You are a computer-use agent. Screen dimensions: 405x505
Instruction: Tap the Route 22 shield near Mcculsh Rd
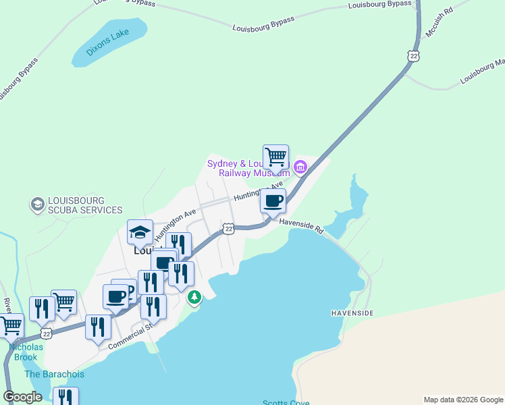pyautogui.click(x=413, y=55)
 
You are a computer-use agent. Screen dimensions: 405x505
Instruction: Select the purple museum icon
pyautogui.click(x=300, y=166)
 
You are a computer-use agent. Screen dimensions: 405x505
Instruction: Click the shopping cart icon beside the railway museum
pyautogui.click(x=275, y=157)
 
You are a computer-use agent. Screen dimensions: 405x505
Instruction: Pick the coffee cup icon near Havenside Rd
pyautogui.click(x=273, y=200)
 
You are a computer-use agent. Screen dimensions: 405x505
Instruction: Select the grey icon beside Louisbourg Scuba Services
pyautogui.click(x=37, y=203)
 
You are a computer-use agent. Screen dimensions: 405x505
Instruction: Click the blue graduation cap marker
pyautogui.click(x=140, y=233)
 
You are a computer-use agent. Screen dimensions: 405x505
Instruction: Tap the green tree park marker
pyautogui.click(x=194, y=297)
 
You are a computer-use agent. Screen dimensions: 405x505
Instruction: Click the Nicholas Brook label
pyautogui.click(x=26, y=352)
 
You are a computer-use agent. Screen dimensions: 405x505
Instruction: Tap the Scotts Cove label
pyautogui.click(x=286, y=403)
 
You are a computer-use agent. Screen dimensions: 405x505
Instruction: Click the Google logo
pyautogui.click(x=23, y=397)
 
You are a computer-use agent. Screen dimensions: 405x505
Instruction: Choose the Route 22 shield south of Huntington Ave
pyautogui.click(x=229, y=230)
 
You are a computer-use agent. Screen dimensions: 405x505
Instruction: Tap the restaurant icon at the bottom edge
pyautogui.click(x=65, y=397)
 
